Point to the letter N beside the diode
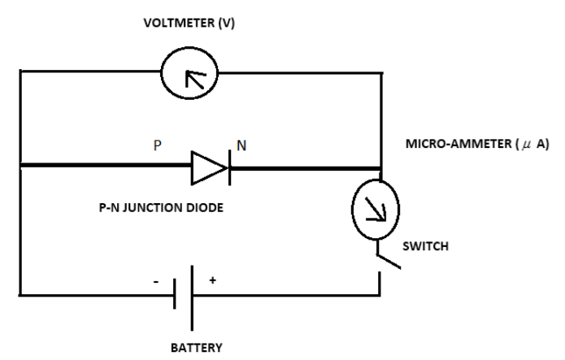pos(241,147)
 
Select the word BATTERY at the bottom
pos(195,348)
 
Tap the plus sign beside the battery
pos(213,280)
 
